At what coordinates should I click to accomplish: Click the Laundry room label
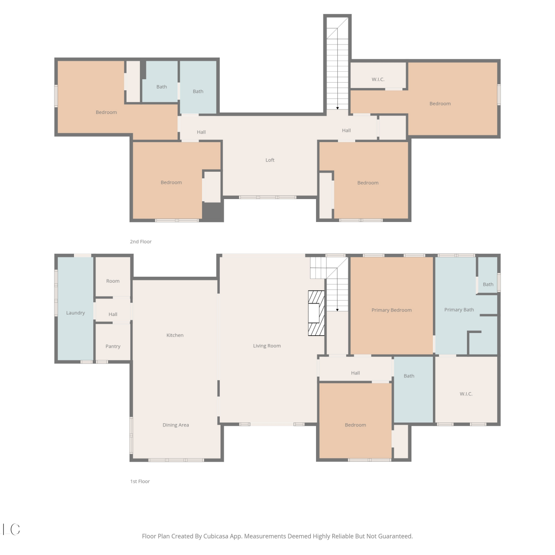(75, 313)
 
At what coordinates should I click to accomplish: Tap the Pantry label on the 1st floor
(113, 346)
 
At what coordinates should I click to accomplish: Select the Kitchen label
(175, 335)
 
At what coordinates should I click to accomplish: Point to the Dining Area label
(176, 425)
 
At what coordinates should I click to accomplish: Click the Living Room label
(267, 346)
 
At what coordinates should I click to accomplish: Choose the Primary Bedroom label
(391, 310)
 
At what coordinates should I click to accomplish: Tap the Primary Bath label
(459, 310)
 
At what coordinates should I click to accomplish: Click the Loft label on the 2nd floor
(270, 160)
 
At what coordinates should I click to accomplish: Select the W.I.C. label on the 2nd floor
(378, 80)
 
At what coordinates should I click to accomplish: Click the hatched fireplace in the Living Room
(316, 313)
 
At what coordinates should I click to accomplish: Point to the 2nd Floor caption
(141, 242)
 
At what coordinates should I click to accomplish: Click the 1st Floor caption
(140, 481)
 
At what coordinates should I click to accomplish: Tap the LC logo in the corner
(11, 529)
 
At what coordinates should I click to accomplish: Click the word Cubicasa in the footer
(216, 536)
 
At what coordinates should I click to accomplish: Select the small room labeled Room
(113, 281)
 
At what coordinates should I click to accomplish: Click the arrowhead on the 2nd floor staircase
(337, 108)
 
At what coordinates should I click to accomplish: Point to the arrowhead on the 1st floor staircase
(337, 310)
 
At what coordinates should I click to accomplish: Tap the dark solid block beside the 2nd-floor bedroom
(213, 212)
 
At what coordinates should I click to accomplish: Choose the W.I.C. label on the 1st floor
(466, 394)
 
